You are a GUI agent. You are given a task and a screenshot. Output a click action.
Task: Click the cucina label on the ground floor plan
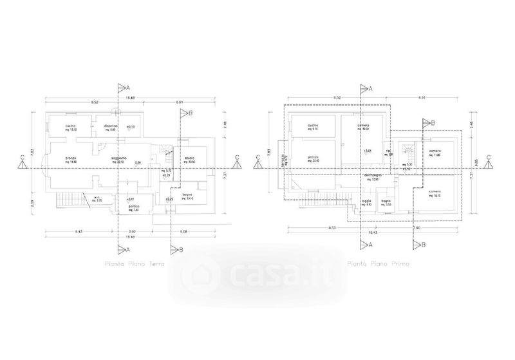71,126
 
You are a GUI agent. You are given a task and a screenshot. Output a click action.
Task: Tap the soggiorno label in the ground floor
118,159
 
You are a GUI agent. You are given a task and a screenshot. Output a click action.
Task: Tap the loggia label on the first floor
366,202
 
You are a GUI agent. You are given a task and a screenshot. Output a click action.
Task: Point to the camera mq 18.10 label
436,193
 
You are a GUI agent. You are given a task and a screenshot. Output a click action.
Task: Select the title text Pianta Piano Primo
376,264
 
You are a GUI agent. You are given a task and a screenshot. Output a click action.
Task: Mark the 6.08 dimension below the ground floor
184,231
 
